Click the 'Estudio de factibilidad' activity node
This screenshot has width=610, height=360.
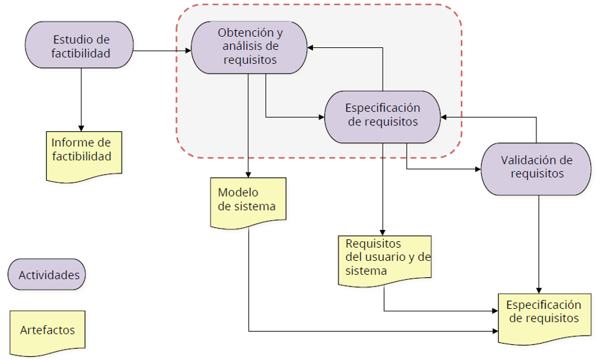[80, 45]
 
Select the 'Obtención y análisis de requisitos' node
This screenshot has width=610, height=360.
[249, 46]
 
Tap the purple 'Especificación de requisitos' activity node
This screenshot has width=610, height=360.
[382, 116]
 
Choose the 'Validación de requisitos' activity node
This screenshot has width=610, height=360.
[536, 168]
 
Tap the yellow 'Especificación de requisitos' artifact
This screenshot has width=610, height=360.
[543, 315]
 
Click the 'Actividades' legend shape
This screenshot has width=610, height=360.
[47, 274]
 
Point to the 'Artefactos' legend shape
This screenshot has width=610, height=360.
[47, 330]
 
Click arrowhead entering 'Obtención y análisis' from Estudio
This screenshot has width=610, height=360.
[187, 51]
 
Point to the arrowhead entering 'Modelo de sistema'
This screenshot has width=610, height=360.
[248, 174]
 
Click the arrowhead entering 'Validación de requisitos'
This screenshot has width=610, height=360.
[477, 169]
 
